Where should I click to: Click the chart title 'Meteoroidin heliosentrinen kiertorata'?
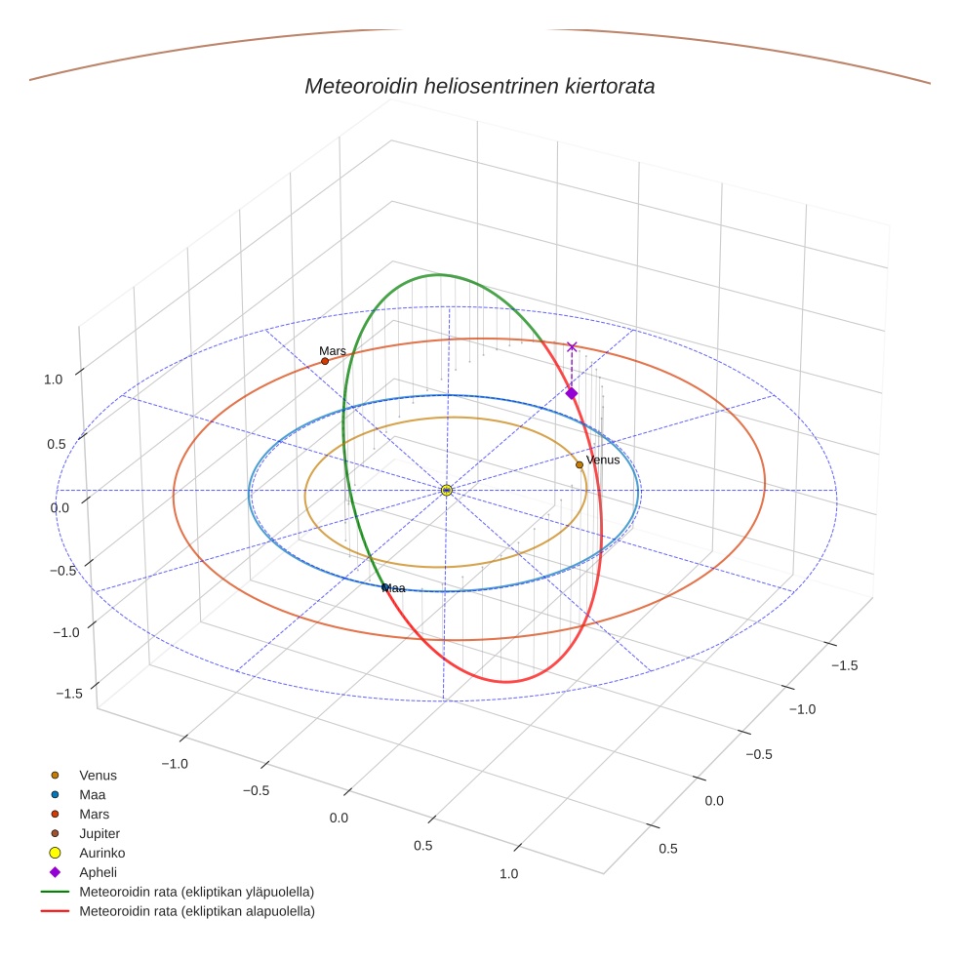tap(479, 86)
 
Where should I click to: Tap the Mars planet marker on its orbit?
tap(325, 361)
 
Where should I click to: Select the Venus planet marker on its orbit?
tap(580, 464)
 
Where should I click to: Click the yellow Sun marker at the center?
tap(446, 490)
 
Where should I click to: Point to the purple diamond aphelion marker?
tap(572, 393)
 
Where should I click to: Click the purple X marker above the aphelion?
tap(572, 346)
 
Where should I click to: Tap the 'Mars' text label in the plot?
tap(332, 350)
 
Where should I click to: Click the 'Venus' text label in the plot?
tap(603, 460)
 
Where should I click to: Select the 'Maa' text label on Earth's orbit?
tap(394, 588)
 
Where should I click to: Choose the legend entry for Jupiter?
tap(99, 833)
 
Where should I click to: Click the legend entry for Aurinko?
tap(101, 853)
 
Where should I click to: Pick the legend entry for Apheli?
tap(98, 872)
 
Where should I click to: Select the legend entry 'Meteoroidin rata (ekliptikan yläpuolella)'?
tap(196, 892)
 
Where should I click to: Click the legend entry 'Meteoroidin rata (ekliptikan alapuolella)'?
tap(196, 911)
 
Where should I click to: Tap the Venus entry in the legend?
tap(98, 776)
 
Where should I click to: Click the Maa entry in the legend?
tap(92, 795)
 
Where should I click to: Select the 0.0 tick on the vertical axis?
tap(60, 507)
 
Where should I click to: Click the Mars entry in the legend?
tap(94, 814)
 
